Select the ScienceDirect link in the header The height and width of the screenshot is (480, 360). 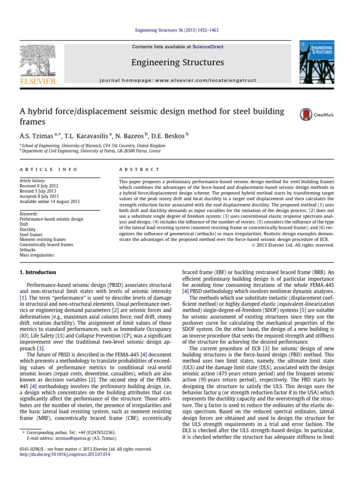(207, 47)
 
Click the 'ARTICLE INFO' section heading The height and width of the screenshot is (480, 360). (42, 169)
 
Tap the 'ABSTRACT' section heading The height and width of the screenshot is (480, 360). (139, 169)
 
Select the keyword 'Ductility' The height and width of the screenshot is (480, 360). (28, 229)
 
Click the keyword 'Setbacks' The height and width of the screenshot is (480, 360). (29, 250)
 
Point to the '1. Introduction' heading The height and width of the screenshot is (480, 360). (37, 272)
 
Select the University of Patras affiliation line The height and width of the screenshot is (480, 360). (91, 151)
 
